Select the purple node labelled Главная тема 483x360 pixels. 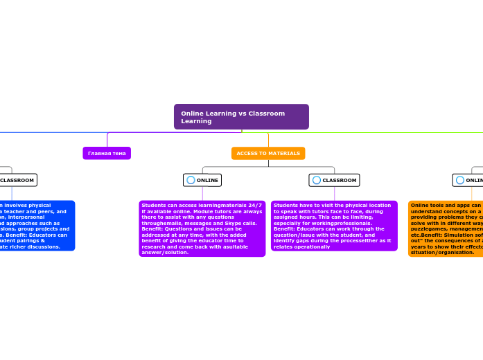click(107, 153)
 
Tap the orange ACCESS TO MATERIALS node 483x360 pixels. click(268, 153)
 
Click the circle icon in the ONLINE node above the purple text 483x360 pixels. click(191, 180)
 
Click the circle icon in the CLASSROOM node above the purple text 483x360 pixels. click(317, 180)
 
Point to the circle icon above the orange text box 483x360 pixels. click(459, 180)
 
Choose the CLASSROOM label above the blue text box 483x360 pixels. click(17, 180)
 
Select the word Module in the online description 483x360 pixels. click(195, 211)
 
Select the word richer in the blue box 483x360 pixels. click(21, 246)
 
